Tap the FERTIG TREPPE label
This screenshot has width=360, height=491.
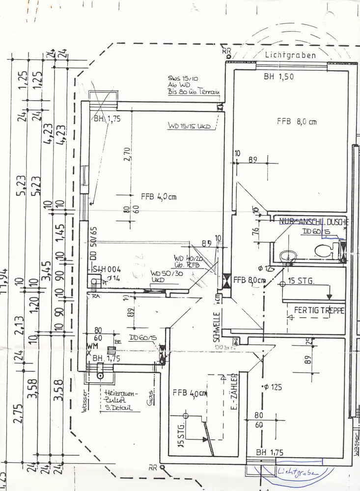coord(319,311)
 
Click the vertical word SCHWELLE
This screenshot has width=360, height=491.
coord(216,327)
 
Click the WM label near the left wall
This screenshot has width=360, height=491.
coord(89,347)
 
